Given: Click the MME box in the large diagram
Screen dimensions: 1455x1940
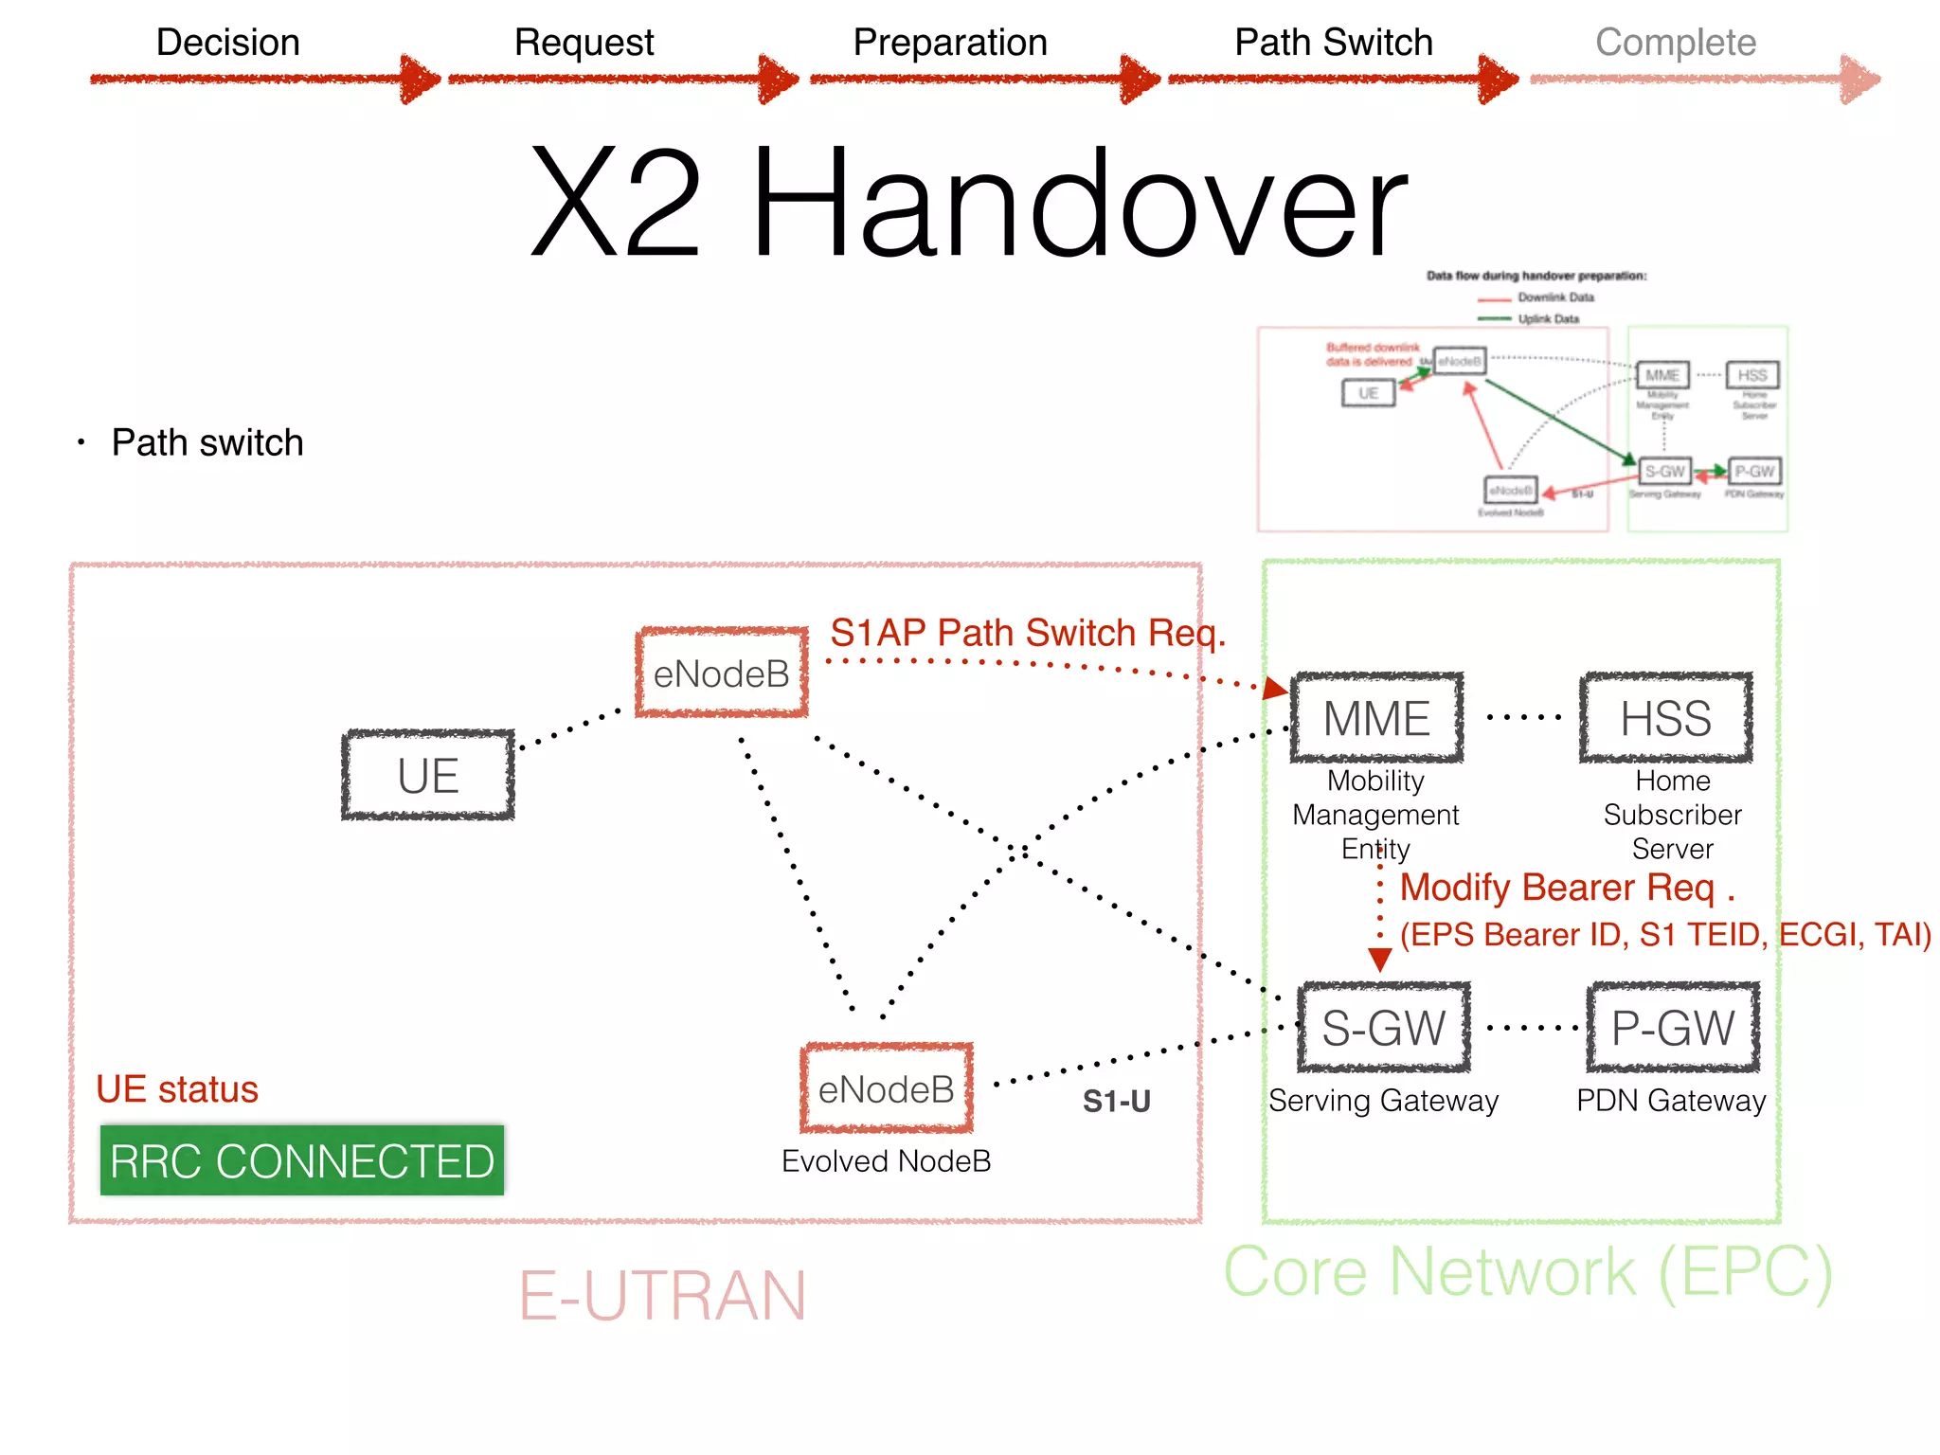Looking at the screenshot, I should [x=1376, y=717].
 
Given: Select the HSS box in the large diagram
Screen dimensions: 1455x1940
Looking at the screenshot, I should [x=1665, y=717].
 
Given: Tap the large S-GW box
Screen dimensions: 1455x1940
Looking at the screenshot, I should [x=1383, y=1027].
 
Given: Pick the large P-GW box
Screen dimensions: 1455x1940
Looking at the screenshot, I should [x=1673, y=1027].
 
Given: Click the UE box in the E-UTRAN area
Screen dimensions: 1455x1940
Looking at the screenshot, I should [x=428, y=775].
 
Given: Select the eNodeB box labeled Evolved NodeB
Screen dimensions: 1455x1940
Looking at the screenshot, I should [x=886, y=1088].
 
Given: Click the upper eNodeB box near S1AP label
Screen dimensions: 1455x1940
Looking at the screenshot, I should [x=722, y=673].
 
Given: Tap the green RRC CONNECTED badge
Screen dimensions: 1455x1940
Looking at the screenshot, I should [x=302, y=1160].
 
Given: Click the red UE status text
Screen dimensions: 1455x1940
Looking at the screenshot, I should [x=177, y=1089].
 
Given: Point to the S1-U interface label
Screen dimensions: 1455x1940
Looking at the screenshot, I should [x=1116, y=1101].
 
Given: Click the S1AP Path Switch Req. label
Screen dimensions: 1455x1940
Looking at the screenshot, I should [x=1028, y=632].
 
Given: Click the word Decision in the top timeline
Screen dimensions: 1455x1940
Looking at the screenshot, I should [x=227, y=43].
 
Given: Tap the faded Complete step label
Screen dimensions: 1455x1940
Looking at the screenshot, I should [x=1675, y=43].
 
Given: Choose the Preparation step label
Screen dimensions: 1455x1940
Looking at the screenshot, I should [x=950, y=43].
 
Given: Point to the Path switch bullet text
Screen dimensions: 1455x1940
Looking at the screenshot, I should [x=207, y=442].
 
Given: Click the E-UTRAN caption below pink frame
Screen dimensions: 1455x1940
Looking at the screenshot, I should [x=662, y=1295].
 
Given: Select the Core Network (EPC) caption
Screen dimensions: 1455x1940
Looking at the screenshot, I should [x=1528, y=1271].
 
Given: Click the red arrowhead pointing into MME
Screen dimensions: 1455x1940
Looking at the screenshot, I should [x=1275, y=688].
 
